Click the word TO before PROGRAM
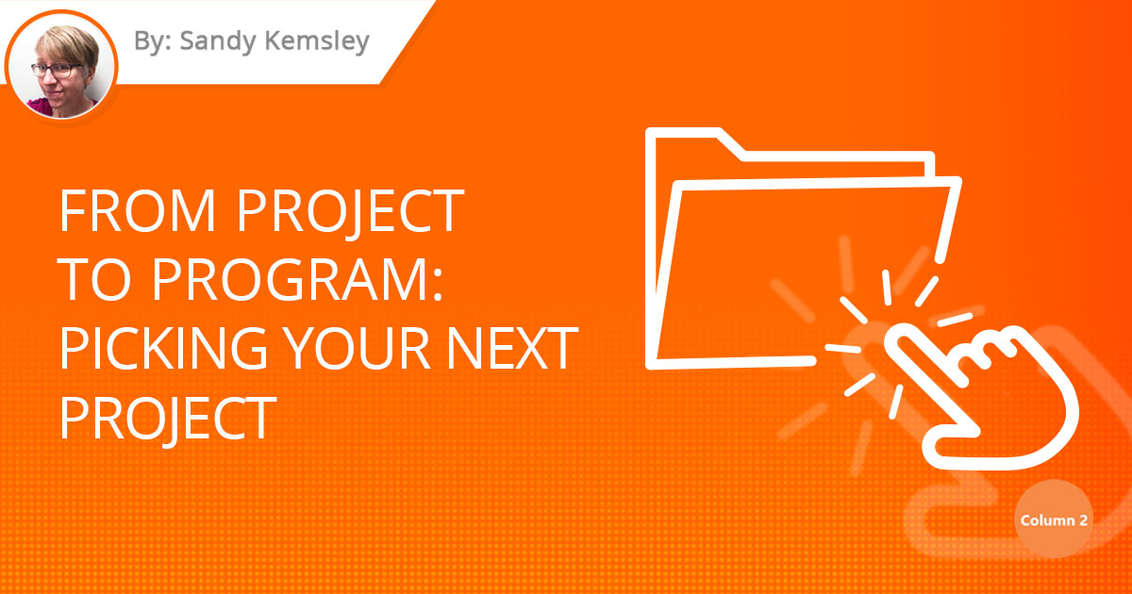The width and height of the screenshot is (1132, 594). [x=91, y=281]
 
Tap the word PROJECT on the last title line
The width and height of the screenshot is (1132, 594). [x=167, y=418]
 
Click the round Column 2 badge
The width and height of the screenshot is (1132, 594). [x=1054, y=520]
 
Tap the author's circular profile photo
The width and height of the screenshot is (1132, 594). [x=61, y=63]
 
